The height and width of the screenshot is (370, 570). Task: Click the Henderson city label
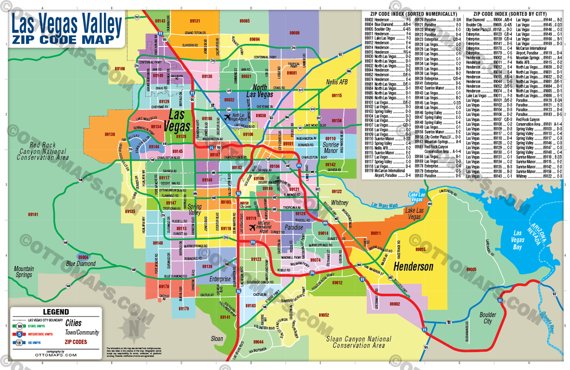(413, 267)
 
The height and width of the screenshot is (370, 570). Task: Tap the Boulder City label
(487, 318)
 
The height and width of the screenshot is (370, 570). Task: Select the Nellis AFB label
(337, 82)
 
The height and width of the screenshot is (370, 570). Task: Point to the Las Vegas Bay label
(517, 240)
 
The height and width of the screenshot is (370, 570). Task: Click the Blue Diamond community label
(81, 264)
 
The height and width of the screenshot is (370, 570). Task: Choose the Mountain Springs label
(24, 272)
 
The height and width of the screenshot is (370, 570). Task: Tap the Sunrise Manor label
(331, 148)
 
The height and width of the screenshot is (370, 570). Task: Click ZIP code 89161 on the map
(33, 214)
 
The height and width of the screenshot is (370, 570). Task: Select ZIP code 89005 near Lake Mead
(471, 269)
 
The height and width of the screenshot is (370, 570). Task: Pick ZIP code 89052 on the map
(324, 315)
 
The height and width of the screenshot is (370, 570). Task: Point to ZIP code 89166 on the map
(120, 69)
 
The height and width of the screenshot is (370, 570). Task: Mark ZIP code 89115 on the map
(337, 96)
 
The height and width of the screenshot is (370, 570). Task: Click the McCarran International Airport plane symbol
(252, 227)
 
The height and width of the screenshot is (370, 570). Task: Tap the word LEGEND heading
(56, 312)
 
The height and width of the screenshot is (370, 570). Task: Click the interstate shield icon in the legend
(19, 334)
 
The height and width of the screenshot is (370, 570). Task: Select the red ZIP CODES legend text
(76, 342)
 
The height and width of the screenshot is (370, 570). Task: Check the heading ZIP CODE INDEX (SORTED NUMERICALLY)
(414, 14)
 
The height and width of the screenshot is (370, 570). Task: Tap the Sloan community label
(217, 339)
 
